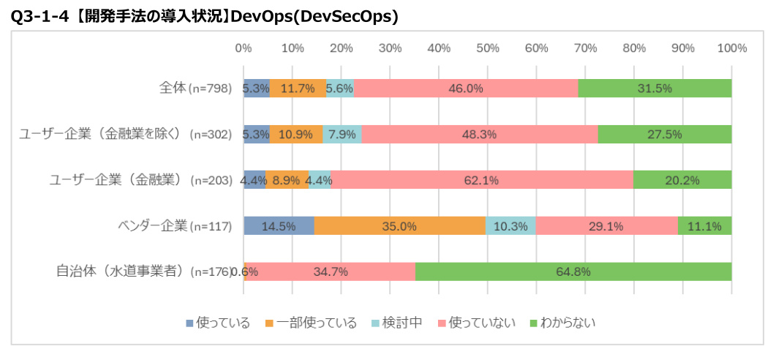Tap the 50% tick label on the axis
click(x=488, y=48)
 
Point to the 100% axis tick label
click(x=732, y=48)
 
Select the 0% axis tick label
click(x=244, y=48)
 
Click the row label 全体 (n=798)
click(x=195, y=88)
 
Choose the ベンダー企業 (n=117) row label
click(x=175, y=225)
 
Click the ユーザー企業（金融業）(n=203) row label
click(x=140, y=180)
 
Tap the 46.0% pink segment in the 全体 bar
click(x=466, y=88)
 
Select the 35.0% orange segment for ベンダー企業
click(x=400, y=226)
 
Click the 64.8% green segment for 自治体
click(x=573, y=271)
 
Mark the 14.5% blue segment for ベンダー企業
click(x=279, y=226)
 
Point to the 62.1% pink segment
click(x=481, y=180)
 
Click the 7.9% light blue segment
click(x=342, y=134)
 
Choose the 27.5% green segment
click(x=665, y=134)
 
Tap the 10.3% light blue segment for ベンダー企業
click(x=510, y=226)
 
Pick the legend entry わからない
click(x=562, y=323)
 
